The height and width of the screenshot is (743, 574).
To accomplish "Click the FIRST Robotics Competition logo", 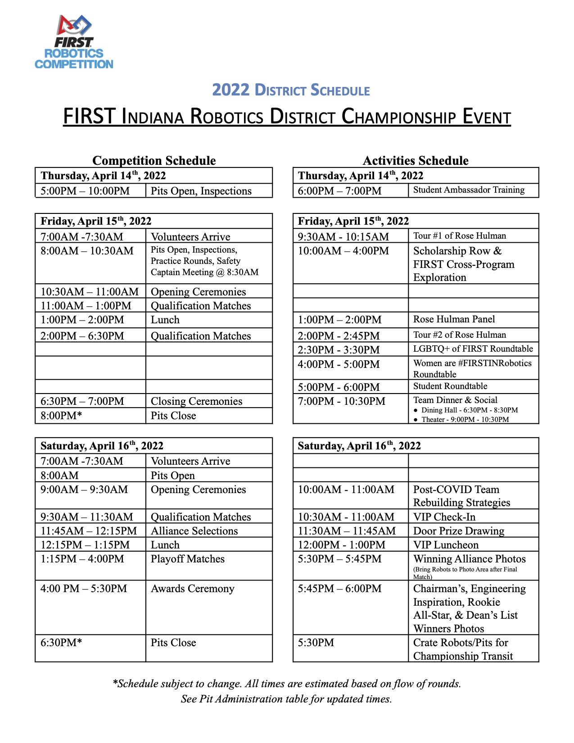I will tap(74, 42).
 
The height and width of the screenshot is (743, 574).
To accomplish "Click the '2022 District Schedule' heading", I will tap(291, 90).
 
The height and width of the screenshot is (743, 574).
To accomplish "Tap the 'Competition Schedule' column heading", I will tap(154, 161).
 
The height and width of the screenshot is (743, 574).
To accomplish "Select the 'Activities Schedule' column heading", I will tap(416, 161).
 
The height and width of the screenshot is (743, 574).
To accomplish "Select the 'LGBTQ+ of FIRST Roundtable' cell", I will tap(473, 349).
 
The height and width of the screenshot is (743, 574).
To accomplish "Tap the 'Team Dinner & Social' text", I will tap(455, 400).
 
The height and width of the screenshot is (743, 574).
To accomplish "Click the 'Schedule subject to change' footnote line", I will tap(287, 684).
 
